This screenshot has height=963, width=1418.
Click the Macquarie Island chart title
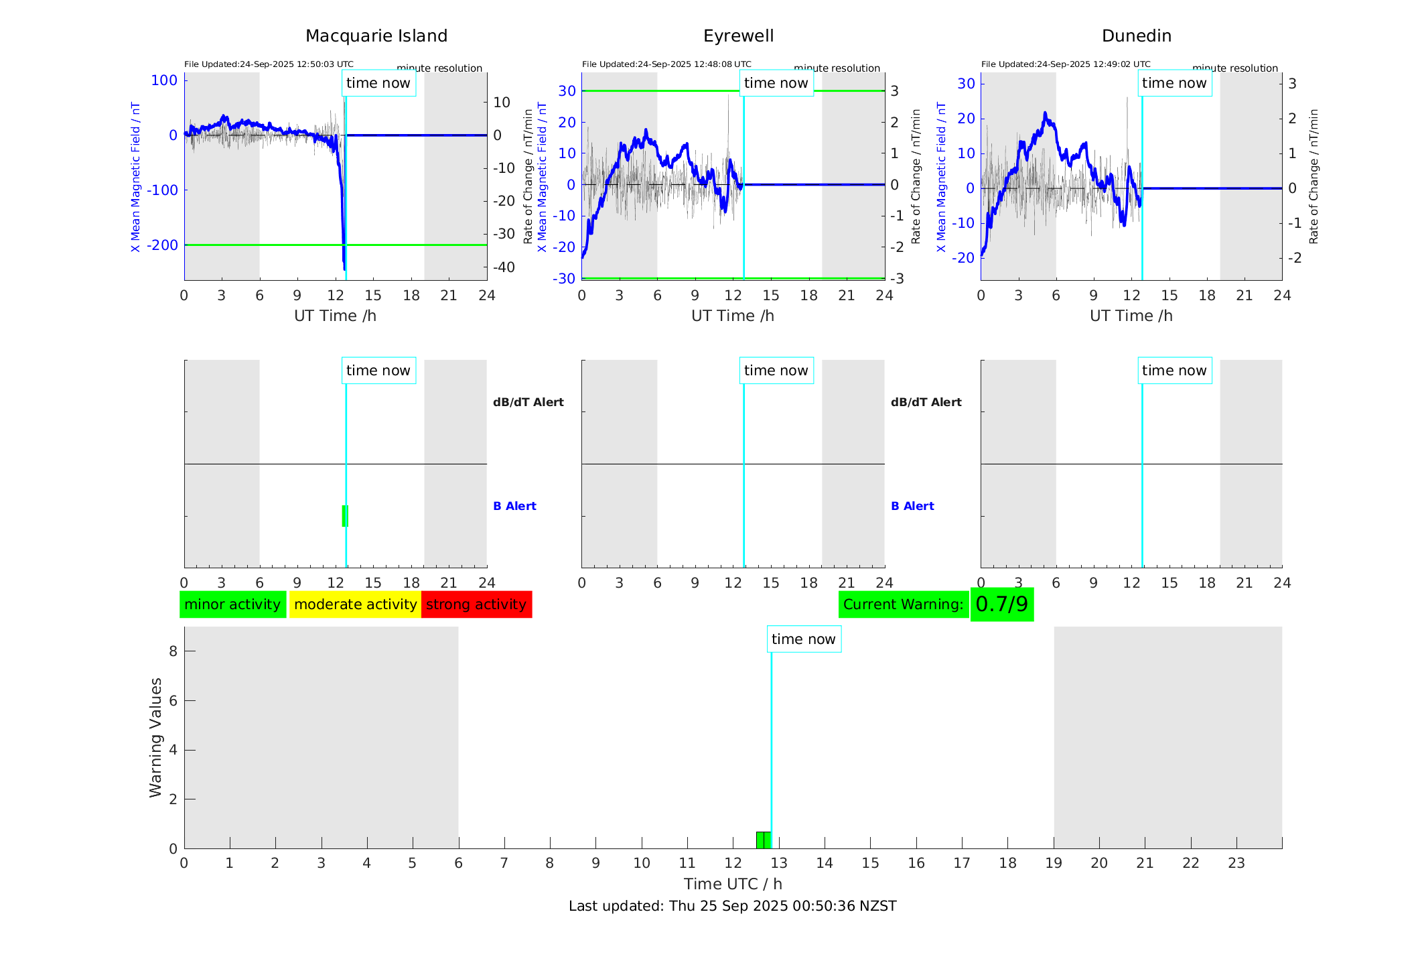pos(376,36)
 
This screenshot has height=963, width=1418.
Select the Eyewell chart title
pos(738,36)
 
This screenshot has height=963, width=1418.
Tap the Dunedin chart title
pos(1136,36)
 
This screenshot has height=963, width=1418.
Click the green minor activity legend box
pos(232,604)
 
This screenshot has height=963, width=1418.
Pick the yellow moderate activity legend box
pos(355,604)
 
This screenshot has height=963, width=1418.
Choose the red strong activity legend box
pos(476,604)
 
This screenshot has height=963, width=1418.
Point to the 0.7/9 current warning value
pos(1001,604)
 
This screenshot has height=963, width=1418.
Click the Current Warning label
pos(903,604)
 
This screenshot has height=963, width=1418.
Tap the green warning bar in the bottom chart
pos(763,840)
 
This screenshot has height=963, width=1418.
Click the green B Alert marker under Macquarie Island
pos(345,516)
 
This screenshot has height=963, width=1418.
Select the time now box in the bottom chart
pos(803,639)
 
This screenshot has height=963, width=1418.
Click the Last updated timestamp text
pos(732,906)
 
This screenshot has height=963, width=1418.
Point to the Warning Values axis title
pos(155,737)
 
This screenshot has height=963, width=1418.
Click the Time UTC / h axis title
pos(732,884)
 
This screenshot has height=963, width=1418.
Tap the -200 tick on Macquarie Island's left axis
pos(163,245)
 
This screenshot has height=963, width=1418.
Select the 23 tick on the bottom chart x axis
pos(1236,863)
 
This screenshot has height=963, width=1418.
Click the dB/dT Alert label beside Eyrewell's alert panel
pos(926,402)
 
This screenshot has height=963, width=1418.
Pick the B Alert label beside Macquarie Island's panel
pos(514,506)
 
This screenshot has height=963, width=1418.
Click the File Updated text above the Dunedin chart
pos(1065,64)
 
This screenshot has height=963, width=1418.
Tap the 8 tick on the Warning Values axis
pos(173,651)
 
